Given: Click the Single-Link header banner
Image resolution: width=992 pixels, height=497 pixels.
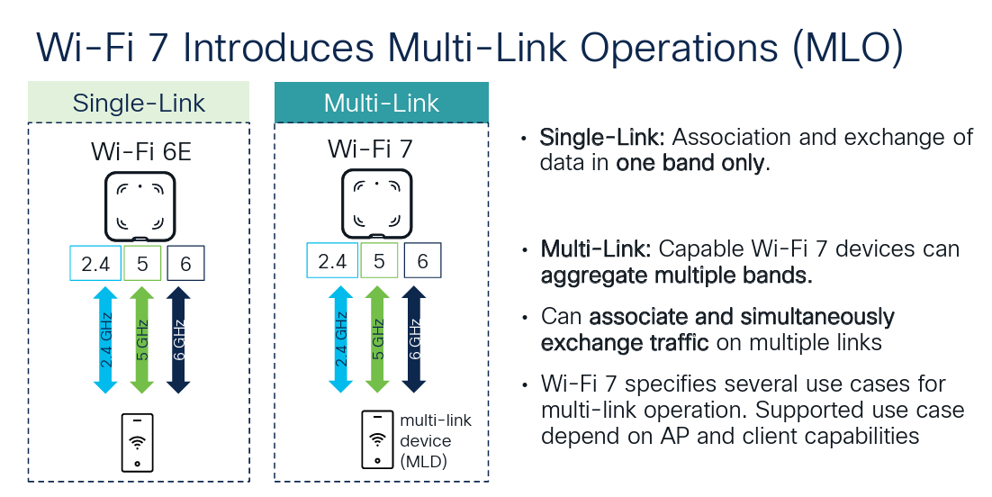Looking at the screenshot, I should (139, 103).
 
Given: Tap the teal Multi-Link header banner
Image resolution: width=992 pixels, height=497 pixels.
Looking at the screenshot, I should (381, 103).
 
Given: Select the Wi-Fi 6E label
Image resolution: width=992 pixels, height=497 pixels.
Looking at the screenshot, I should (140, 150).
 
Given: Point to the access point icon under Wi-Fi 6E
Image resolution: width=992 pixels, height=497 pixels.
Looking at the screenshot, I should (140, 205).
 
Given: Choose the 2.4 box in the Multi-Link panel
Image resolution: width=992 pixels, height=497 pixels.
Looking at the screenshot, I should (332, 262).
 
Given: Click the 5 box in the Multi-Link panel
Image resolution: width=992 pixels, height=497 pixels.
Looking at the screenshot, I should (379, 262).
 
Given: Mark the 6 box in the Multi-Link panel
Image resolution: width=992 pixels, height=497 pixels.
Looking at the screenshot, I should (423, 262).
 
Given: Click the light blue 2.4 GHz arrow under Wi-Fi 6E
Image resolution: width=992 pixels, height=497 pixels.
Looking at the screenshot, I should (105, 340).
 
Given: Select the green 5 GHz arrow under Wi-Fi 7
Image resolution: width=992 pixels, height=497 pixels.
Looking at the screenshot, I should (377, 340).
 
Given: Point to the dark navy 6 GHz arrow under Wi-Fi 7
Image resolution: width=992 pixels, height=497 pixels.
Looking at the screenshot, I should (413, 340).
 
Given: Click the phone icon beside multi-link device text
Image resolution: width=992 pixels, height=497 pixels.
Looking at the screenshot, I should (377, 440).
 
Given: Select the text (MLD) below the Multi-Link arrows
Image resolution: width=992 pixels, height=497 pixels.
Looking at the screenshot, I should (424, 461).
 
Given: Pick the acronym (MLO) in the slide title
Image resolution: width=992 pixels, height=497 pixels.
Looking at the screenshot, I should (847, 47).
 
